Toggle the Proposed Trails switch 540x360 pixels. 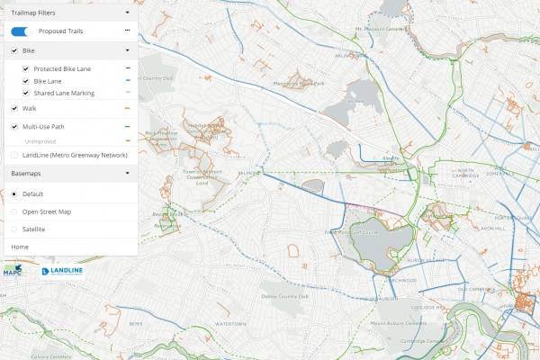pos(23,31)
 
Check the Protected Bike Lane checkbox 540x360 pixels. pos(25,68)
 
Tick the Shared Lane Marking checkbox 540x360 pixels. pos(25,94)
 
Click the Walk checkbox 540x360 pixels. pos(14,108)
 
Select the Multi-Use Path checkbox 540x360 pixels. pos(14,127)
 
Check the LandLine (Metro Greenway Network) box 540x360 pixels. pos(14,155)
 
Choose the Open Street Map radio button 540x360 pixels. pos(13,211)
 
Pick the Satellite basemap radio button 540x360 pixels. pos(13,229)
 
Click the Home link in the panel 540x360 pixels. pos(19,246)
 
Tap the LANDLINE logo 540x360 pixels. pos(63,271)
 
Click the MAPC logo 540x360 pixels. pos(13,269)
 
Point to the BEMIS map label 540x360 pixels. pos(136,322)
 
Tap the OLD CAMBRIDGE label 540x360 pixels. pos(473,291)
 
